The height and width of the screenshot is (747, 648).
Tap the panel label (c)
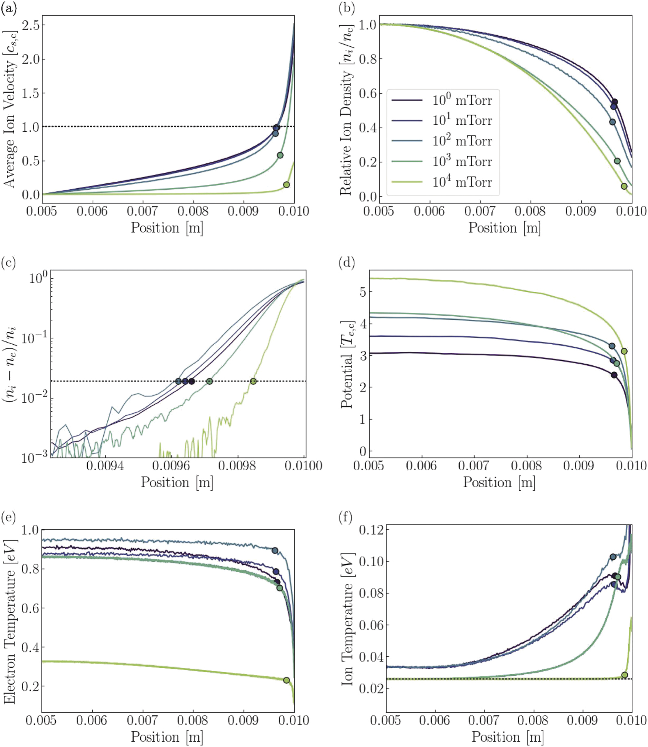pos(8,263)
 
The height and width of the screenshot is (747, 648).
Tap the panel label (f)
pos(346,517)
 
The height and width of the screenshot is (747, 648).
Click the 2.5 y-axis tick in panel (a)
pos(31,25)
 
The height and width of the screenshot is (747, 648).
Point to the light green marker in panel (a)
pos(286,185)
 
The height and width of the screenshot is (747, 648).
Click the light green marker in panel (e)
pos(286,680)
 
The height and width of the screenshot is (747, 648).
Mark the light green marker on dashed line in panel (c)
pos(253,381)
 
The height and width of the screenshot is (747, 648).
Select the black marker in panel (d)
pos(614,375)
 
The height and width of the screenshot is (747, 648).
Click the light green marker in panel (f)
pos(624,675)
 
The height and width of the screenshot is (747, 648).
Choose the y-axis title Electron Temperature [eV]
pos(10,622)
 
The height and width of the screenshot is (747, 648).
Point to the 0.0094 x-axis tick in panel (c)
pos(105,466)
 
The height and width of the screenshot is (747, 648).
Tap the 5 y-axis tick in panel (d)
pos(362,292)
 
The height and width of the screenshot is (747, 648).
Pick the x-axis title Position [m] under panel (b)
pos(504,228)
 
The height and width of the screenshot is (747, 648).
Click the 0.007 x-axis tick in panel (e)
pos(143,720)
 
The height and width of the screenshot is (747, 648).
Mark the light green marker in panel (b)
pos(624,187)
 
